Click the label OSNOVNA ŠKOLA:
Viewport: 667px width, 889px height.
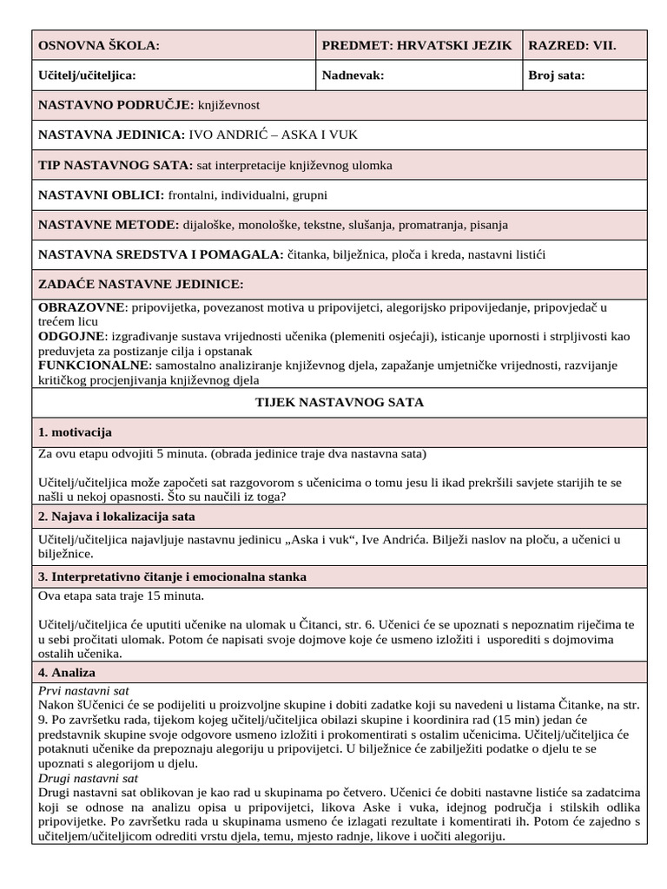[x=99, y=46]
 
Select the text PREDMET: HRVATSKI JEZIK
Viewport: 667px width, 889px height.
[x=417, y=46]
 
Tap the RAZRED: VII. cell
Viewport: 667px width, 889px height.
[x=572, y=46]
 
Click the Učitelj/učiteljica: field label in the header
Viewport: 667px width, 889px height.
[x=87, y=76]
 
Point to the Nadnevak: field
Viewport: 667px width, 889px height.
[x=353, y=76]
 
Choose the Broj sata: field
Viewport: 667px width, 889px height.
[x=557, y=76]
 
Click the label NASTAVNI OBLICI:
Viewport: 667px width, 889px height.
[x=101, y=194]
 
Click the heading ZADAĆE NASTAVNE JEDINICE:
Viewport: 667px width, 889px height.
[x=141, y=284]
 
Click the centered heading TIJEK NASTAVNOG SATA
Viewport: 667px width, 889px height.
[x=340, y=403]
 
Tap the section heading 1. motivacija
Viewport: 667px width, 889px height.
[x=76, y=432]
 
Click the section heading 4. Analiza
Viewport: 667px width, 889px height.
[x=67, y=673]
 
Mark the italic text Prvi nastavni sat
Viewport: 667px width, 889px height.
[x=83, y=690]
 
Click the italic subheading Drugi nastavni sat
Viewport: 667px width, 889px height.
[x=89, y=778]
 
